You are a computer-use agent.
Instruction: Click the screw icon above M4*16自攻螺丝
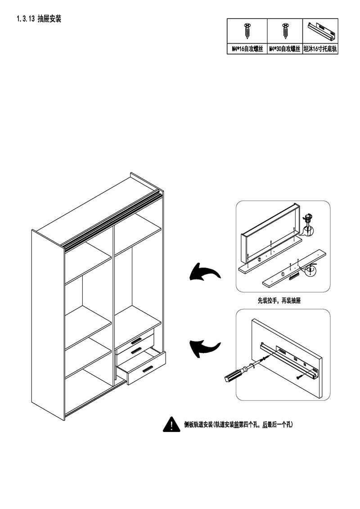coord(247,31)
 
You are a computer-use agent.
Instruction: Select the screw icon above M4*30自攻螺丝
coord(284,31)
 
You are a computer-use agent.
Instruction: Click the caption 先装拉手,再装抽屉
coord(279,301)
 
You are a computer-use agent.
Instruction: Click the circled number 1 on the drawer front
coord(282,273)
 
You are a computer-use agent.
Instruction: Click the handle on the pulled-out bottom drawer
coord(147,370)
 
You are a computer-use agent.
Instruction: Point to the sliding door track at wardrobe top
coord(112,220)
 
